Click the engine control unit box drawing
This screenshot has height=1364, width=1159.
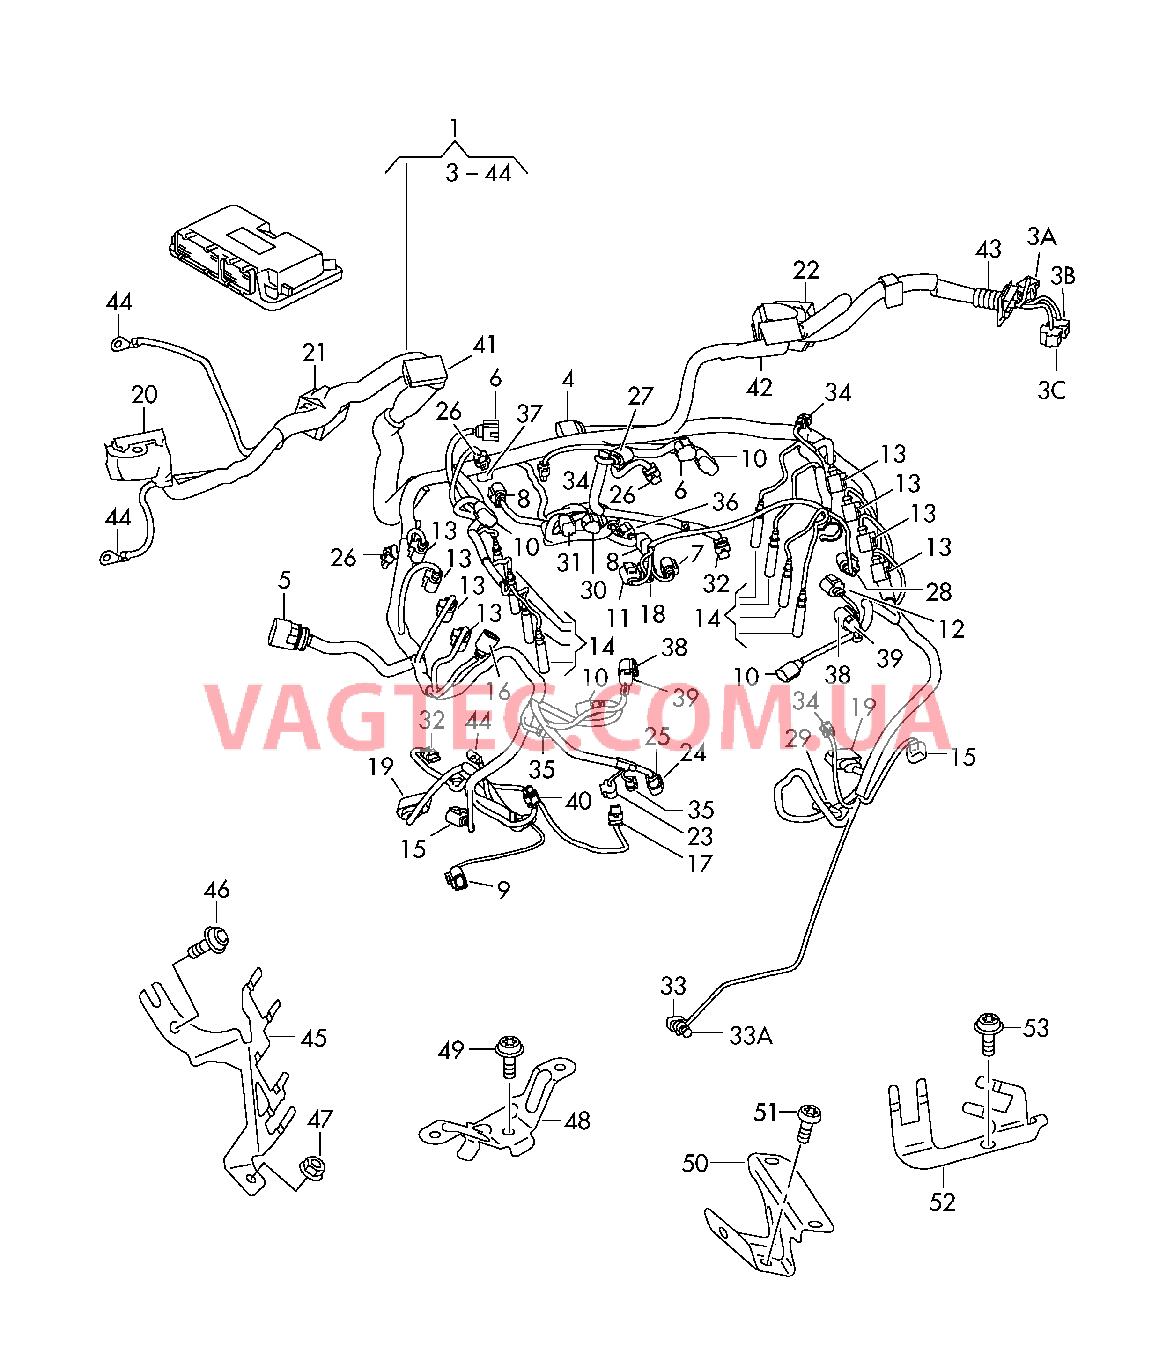coord(256,257)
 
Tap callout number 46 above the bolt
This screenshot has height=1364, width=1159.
coord(217,890)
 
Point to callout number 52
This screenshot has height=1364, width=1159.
coord(942,1202)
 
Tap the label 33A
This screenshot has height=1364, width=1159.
coord(751,1036)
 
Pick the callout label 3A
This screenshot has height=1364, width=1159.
coord(1041,236)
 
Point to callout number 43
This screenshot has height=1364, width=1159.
coord(988,249)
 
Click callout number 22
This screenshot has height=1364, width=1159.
coord(806,270)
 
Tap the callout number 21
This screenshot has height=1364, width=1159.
coord(314,353)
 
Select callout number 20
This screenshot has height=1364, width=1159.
coord(145,395)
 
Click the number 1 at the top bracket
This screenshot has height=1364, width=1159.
coord(454,128)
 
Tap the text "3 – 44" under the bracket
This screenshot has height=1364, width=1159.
coord(478,173)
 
